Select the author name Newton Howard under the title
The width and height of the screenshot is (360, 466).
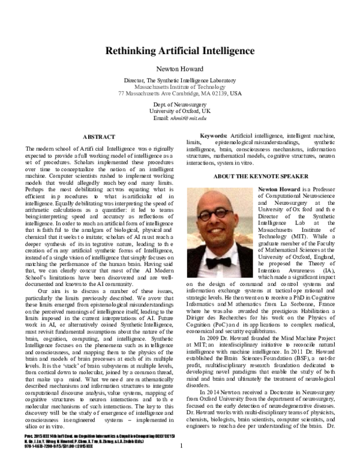[179, 68]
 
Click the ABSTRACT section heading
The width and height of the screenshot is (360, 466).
[98, 137]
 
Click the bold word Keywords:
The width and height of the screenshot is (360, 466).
[212, 138]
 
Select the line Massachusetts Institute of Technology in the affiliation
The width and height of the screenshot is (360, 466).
[179, 87]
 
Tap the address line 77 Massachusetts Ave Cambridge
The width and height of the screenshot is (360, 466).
[179, 94]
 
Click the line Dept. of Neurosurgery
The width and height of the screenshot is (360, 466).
[179, 105]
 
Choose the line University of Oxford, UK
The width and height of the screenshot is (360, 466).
[179, 112]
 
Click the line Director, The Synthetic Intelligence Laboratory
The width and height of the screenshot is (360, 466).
[179, 80]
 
